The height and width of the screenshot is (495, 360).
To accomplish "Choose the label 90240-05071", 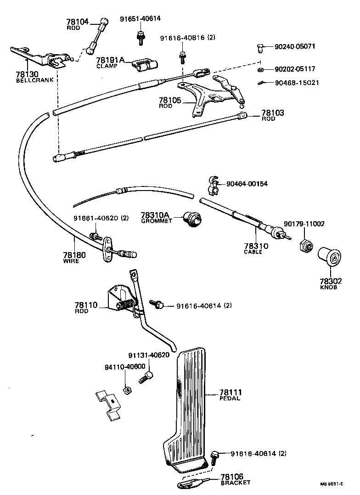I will [x=295, y=46].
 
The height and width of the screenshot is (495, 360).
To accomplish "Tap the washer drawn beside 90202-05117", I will [x=260, y=69].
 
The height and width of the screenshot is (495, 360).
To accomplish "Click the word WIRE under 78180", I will [x=71, y=261].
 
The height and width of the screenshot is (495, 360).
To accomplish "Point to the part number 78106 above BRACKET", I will [x=232, y=477].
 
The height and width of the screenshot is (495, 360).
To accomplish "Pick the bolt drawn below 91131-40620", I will [x=145, y=378].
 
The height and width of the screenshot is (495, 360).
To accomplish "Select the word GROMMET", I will [x=156, y=221].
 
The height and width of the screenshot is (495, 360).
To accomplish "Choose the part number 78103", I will [x=273, y=112].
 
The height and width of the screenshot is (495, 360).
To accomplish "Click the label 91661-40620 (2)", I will [x=101, y=218].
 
